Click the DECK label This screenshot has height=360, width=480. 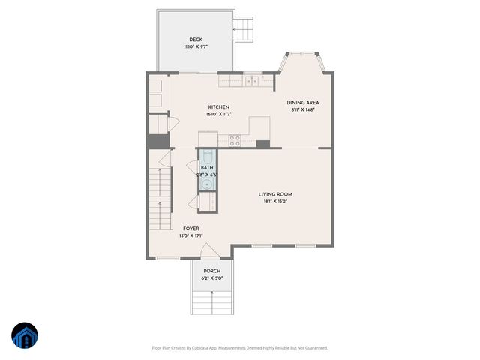[196, 40]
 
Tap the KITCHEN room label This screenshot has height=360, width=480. [218, 107]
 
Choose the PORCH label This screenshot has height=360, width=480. [212, 271]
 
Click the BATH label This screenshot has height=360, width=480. [206, 168]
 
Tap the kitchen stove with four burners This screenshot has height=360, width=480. [234, 139]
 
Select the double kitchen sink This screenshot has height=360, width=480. [251, 80]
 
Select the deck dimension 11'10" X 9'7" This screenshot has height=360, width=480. [196, 47]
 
